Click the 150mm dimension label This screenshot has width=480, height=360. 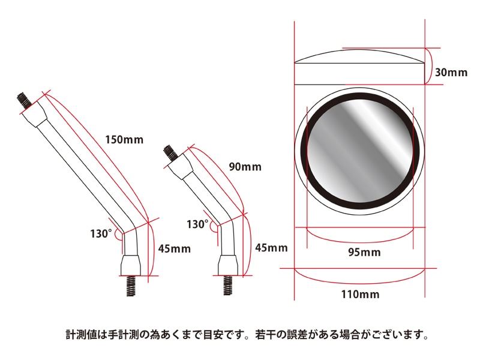point(124,140)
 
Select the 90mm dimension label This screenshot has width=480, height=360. point(246,167)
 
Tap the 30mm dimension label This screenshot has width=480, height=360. point(451,73)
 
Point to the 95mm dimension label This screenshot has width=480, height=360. point(364,252)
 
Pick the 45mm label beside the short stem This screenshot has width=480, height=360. point(271,247)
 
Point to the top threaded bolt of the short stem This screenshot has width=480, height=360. point(170,153)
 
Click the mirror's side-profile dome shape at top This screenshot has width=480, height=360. point(360,58)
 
